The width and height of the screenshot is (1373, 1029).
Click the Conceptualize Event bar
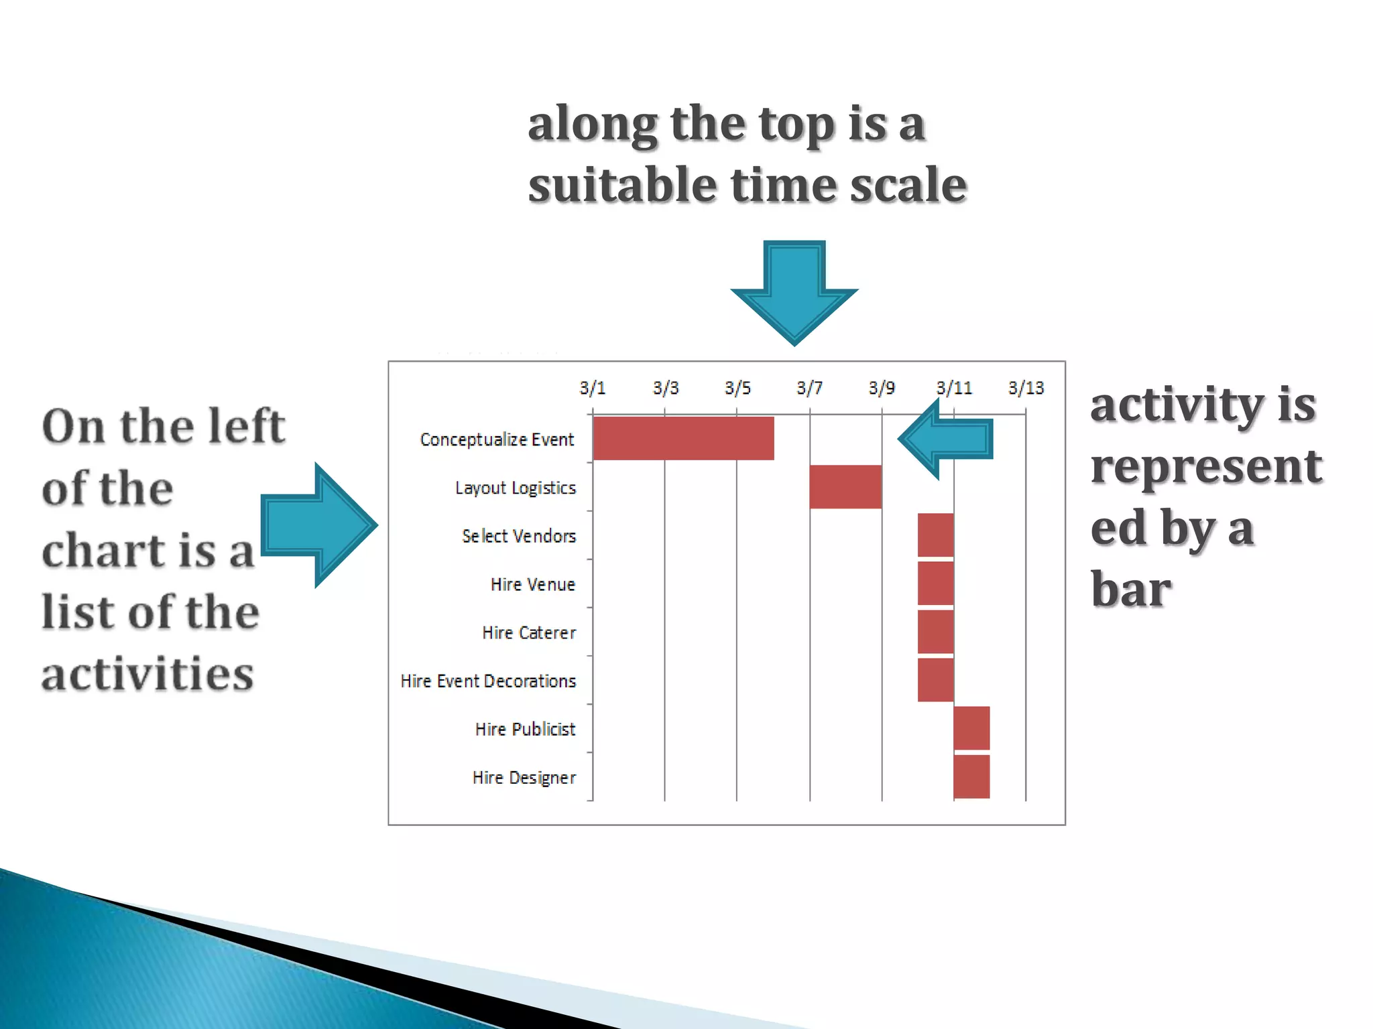coord(683,438)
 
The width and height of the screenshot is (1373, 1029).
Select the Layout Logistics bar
coord(845,487)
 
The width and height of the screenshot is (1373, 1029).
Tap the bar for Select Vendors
coord(935,535)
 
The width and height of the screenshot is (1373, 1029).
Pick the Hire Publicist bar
coord(971,728)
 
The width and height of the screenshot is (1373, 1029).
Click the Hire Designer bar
coord(971,776)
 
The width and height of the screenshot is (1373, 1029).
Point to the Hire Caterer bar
coord(935,631)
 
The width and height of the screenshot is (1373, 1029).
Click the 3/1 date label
coord(592,388)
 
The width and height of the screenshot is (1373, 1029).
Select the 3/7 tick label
coord(809,388)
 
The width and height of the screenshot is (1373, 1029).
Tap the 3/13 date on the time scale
coord(1026,388)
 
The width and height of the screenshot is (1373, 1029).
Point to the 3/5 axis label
coord(737,388)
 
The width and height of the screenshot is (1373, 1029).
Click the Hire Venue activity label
coord(532,584)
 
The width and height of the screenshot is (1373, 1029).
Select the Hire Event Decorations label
coord(488,681)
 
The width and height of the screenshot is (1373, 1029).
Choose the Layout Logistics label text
coord(515,488)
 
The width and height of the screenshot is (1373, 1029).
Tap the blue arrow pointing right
coord(319,525)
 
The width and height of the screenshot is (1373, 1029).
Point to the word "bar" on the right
coord(1131,590)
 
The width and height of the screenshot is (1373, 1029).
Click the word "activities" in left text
coord(147,673)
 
